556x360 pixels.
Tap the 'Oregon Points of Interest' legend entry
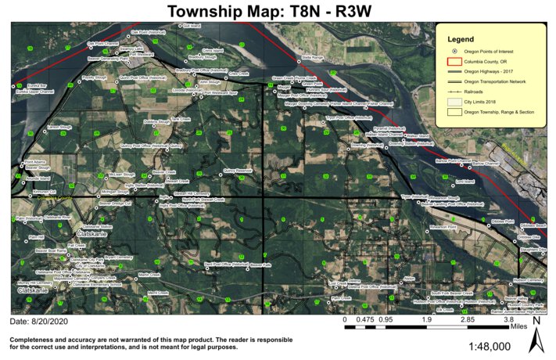tap(490, 50)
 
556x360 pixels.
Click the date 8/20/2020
tap(38, 322)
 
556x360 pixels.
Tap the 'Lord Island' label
tap(465, 182)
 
